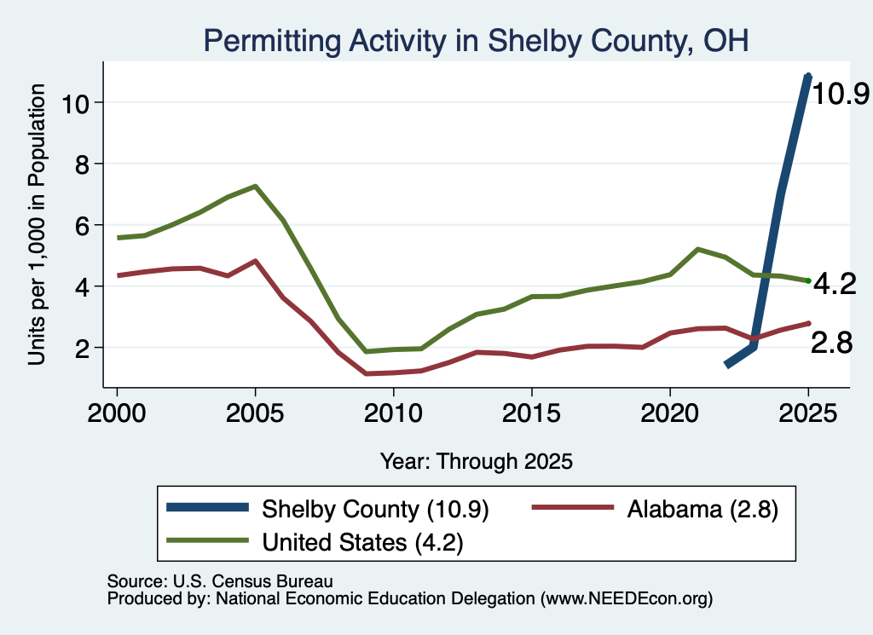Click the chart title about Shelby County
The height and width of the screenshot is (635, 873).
coord(476,41)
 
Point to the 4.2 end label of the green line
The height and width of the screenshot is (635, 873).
coord(835,284)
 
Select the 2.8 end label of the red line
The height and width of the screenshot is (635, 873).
coord(832,343)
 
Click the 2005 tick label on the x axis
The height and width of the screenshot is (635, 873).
coord(255,413)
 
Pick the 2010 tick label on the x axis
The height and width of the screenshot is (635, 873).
coord(393,413)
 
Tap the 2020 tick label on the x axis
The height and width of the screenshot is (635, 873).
coord(670,413)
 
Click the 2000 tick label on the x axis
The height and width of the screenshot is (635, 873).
coord(117,413)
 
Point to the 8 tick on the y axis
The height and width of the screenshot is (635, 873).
coord(82,165)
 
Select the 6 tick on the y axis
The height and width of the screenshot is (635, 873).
coord(82,225)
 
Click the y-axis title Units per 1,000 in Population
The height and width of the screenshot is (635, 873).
coord(37,224)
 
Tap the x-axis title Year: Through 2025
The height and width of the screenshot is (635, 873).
coord(477,461)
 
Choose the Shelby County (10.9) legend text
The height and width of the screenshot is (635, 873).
coord(375,509)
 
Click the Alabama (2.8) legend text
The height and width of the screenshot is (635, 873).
coord(702,509)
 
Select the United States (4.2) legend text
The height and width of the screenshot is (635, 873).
coord(362,542)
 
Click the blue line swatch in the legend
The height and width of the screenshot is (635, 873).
coord(208,507)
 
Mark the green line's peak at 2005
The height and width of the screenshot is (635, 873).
coord(255,186)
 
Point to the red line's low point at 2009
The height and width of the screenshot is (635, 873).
coord(366,373)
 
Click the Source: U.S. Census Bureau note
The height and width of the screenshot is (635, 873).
coord(220,581)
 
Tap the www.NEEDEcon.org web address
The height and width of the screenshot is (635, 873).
coord(627,598)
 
